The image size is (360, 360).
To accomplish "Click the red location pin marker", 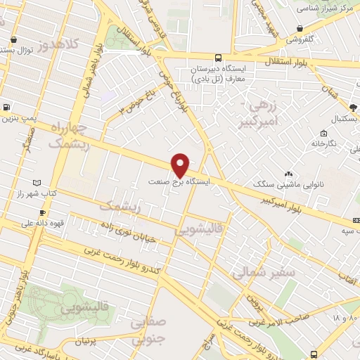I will coord(181,165).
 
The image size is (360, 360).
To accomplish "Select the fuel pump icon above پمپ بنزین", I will coord(6,108).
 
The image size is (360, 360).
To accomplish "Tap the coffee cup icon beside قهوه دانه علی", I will coord(42,213).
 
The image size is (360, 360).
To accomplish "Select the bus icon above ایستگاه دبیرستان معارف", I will coord(219,58).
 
